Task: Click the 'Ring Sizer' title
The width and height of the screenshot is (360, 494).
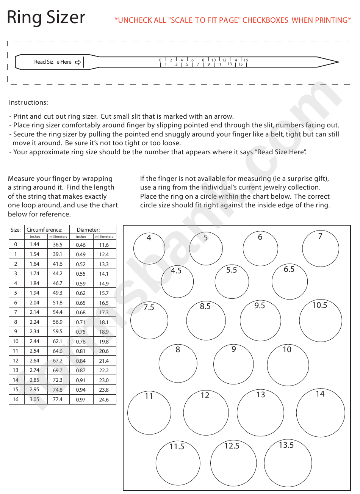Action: pyautogui.click(x=46, y=17)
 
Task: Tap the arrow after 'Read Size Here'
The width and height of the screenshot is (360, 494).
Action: pyautogui.click(x=78, y=62)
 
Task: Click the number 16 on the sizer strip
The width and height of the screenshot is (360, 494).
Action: pyautogui.click(x=246, y=60)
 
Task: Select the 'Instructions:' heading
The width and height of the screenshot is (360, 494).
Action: pyautogui.click(x=28, y=102)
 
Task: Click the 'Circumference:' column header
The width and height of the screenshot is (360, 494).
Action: pyautogui.click(x=44, y=230)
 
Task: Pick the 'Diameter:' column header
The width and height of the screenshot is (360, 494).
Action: pyautogui.click(x=88, y=230)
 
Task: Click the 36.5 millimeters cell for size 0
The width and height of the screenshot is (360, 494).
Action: pyautogui.click(x=58, y=245)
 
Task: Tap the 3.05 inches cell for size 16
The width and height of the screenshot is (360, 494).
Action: pyautogui.click(x=34, y=399)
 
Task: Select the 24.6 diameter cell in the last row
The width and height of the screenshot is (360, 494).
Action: pyautogui.click(x=104, y=400)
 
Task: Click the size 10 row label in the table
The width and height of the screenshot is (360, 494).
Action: pyautogui.click(x=16, y=341)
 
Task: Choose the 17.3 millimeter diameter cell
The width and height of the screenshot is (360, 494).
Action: pyautogui.click(x=104, y=312)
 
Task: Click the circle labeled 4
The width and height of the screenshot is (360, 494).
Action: pyautogui.click(x=149, y=248)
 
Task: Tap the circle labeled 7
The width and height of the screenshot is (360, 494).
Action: pyautogui.click(x=321, y=248)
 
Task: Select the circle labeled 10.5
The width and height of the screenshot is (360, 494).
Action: pyautogui.click(x=321, y=320)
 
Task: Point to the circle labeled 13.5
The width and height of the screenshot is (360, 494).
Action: pyautogui.click(x=288, y=463)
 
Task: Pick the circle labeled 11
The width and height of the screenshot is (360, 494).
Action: pyautogui.click(x=149, y=412)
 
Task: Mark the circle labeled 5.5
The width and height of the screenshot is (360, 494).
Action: pyautogui.click(x=232, y=282)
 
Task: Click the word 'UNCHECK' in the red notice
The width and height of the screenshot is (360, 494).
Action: pyautogui.click(x=135, y=20)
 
